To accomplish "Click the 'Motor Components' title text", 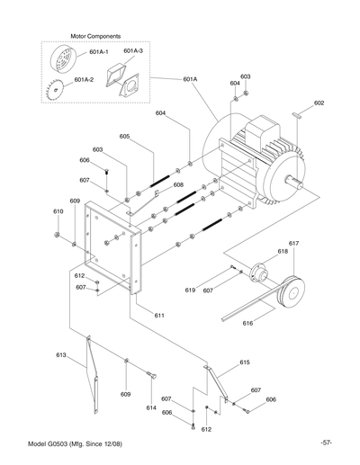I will click(x=95, y=37).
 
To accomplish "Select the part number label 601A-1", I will click(x=94, y=52).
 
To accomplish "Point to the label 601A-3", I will click(x=132, y=52).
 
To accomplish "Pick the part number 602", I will click(x=319, y=104).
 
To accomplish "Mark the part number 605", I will click(x=124, y=137).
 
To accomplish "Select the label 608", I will click(x=178, y=184).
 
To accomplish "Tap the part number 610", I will click(x=58, y=211).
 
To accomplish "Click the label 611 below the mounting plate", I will click(x=158, y=316).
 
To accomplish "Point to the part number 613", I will click(x=61, y=355).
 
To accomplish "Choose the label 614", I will click(x=150, y=407).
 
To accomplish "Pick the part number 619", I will click(x=190, y=291).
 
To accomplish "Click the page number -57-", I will click(x=326, y=443).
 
